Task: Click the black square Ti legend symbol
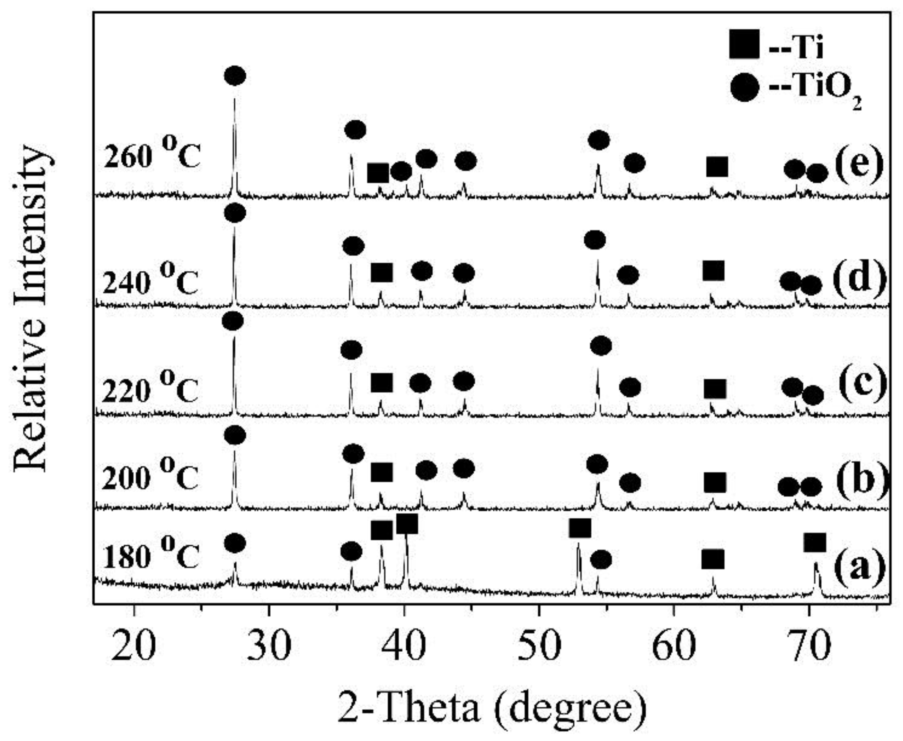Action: point(744,44)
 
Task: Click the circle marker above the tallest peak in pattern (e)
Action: point(235,76)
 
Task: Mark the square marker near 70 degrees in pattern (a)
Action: point(814,542)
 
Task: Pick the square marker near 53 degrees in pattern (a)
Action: point(579,528)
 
